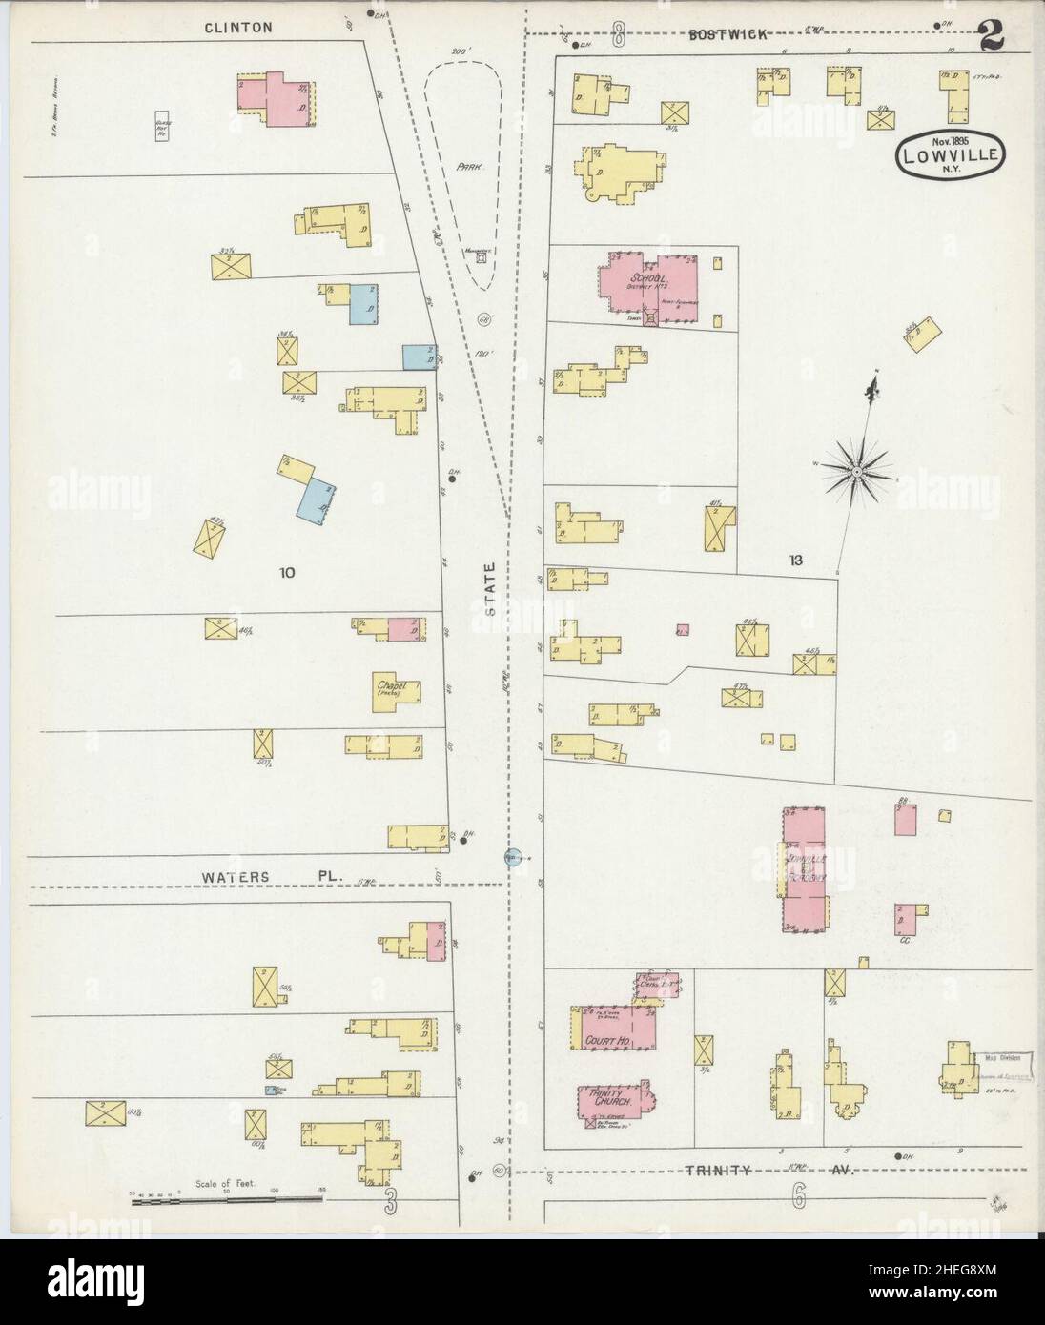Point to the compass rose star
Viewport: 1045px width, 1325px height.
pyautogui.click(x=856, y=471)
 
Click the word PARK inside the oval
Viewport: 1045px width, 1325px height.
pyautogui.click(x=467, y=166)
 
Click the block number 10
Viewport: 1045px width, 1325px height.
pyautogui.click(x=287, y=572)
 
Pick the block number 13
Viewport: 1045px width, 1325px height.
pyautogui.click(x=795, y=560)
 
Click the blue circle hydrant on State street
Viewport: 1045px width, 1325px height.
pyautogui.click(x=513, y=856)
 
